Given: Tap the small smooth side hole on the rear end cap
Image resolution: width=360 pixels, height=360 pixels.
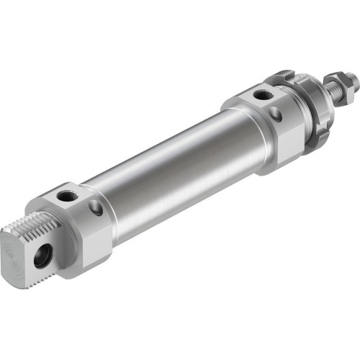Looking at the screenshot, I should [96, 207].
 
